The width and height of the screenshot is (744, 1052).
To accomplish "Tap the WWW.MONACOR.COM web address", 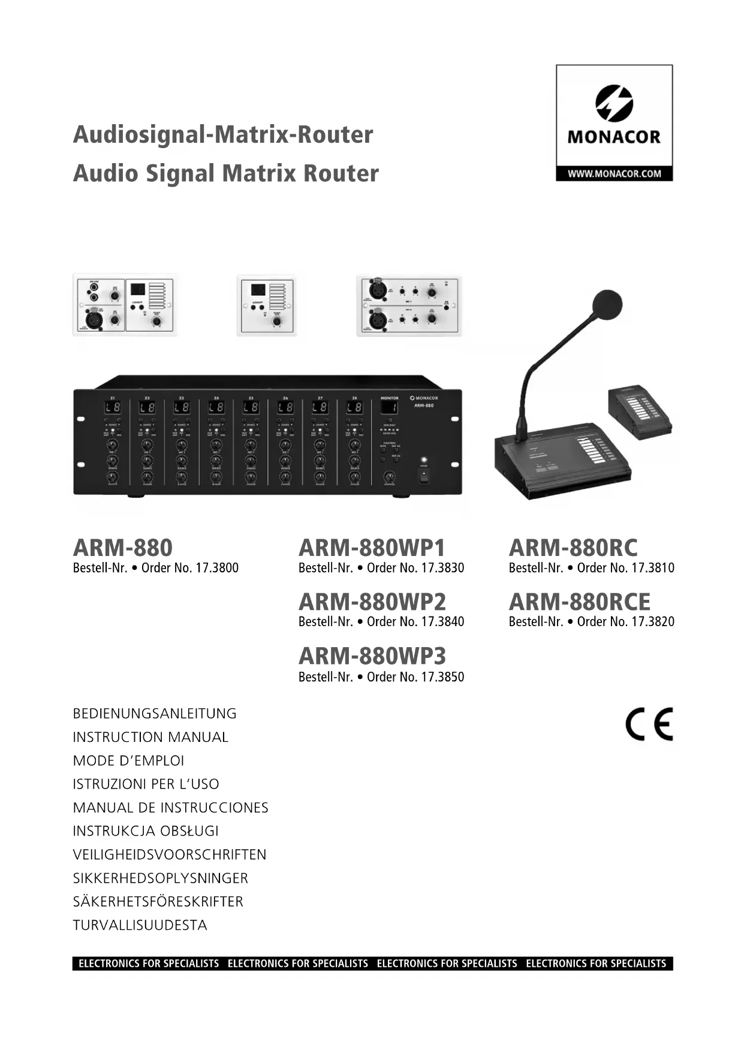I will pyautogui.click(x=614, y=174).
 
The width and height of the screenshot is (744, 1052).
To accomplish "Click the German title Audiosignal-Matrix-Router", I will pyautogui.click(x=222, y=134).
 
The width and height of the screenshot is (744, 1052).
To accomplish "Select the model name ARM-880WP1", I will pyautogui.click(x=372, y=548).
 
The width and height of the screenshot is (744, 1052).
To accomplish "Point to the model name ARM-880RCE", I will pyautogui.click(x=579, y=602).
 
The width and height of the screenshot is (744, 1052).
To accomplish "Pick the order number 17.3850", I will pyautogui.click(x=442, y=677).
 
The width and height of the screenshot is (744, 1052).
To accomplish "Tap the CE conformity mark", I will pyautogui.click(x=649, y=725).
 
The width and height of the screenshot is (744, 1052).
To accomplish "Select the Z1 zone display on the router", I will pyautogui.click(x=112, y=408).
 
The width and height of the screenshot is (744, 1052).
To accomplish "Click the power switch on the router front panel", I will pyautogui.click(x=424, y=476).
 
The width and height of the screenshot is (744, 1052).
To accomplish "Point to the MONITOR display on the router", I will pyautogui.click(x=389, y=408).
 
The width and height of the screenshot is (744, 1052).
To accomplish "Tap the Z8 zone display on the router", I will pyautogui.click(x=354, y=408).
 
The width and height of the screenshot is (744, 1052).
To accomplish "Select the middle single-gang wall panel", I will pyautogui.click(x=267, y=305).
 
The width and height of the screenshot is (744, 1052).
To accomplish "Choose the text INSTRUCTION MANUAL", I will pyautogui.click(x=150, y=737).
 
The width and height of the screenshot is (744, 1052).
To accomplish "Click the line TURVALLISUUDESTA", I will pyautogui.click(x=140, y=925).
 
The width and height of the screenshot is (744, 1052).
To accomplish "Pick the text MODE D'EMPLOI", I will pyautogui.click(x=128, y=761).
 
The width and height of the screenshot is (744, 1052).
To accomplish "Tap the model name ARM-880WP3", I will pyautogui.click(x=372, y=656).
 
